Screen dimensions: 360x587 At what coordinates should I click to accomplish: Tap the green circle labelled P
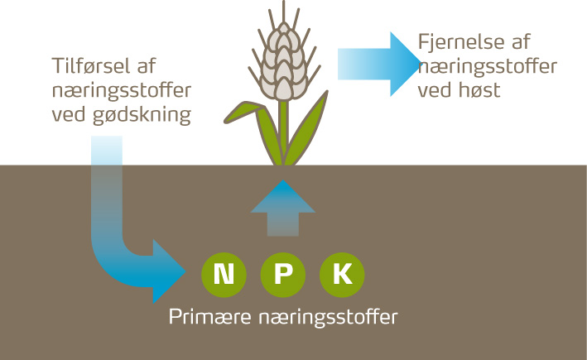[x=282, y=273]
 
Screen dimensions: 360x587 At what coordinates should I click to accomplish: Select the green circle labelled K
[x=342, y=273]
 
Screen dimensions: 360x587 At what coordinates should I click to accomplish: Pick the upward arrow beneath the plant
[x=282, y=210]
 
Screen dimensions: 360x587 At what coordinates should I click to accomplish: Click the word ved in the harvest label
[x=434, y=89]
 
